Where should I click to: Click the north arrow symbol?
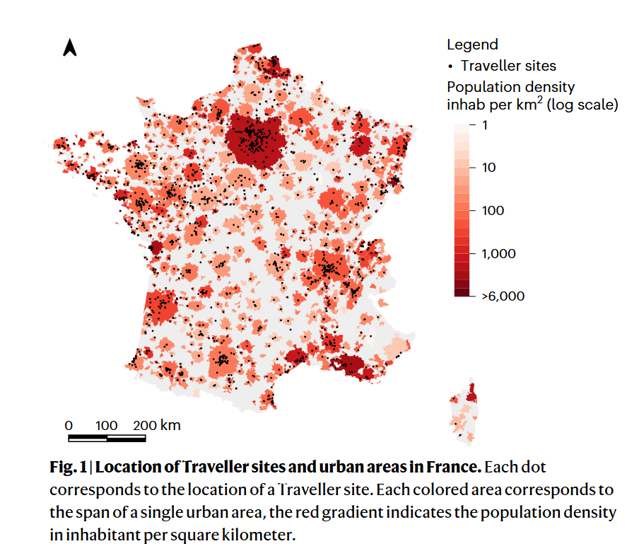(69, 47)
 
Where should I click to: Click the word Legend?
(472, 45)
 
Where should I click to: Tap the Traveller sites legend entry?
(508, 66)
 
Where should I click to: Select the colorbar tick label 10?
(488, 168)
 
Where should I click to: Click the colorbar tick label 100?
(493, 211)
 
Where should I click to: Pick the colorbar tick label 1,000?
(498, 253)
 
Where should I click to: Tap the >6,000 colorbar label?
(503, 296)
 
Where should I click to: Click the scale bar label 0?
(69, 425)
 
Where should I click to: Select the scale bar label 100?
(107, 425)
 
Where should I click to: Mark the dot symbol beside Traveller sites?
(451, 66)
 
